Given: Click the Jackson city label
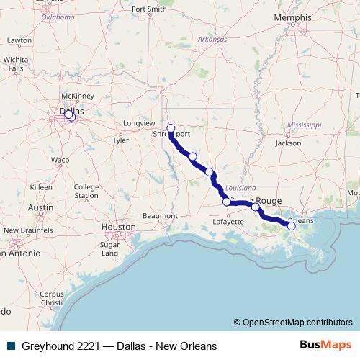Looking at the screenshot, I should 288,143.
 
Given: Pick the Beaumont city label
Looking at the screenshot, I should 160,215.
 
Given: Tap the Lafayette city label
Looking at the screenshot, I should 228,223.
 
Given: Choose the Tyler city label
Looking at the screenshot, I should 120,140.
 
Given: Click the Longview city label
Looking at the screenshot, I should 139,124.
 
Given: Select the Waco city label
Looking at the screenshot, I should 60,160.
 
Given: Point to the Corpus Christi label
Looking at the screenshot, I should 52,298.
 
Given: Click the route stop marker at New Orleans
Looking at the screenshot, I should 292,226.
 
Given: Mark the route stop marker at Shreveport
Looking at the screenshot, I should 171,128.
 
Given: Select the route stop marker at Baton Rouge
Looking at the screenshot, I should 256,207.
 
